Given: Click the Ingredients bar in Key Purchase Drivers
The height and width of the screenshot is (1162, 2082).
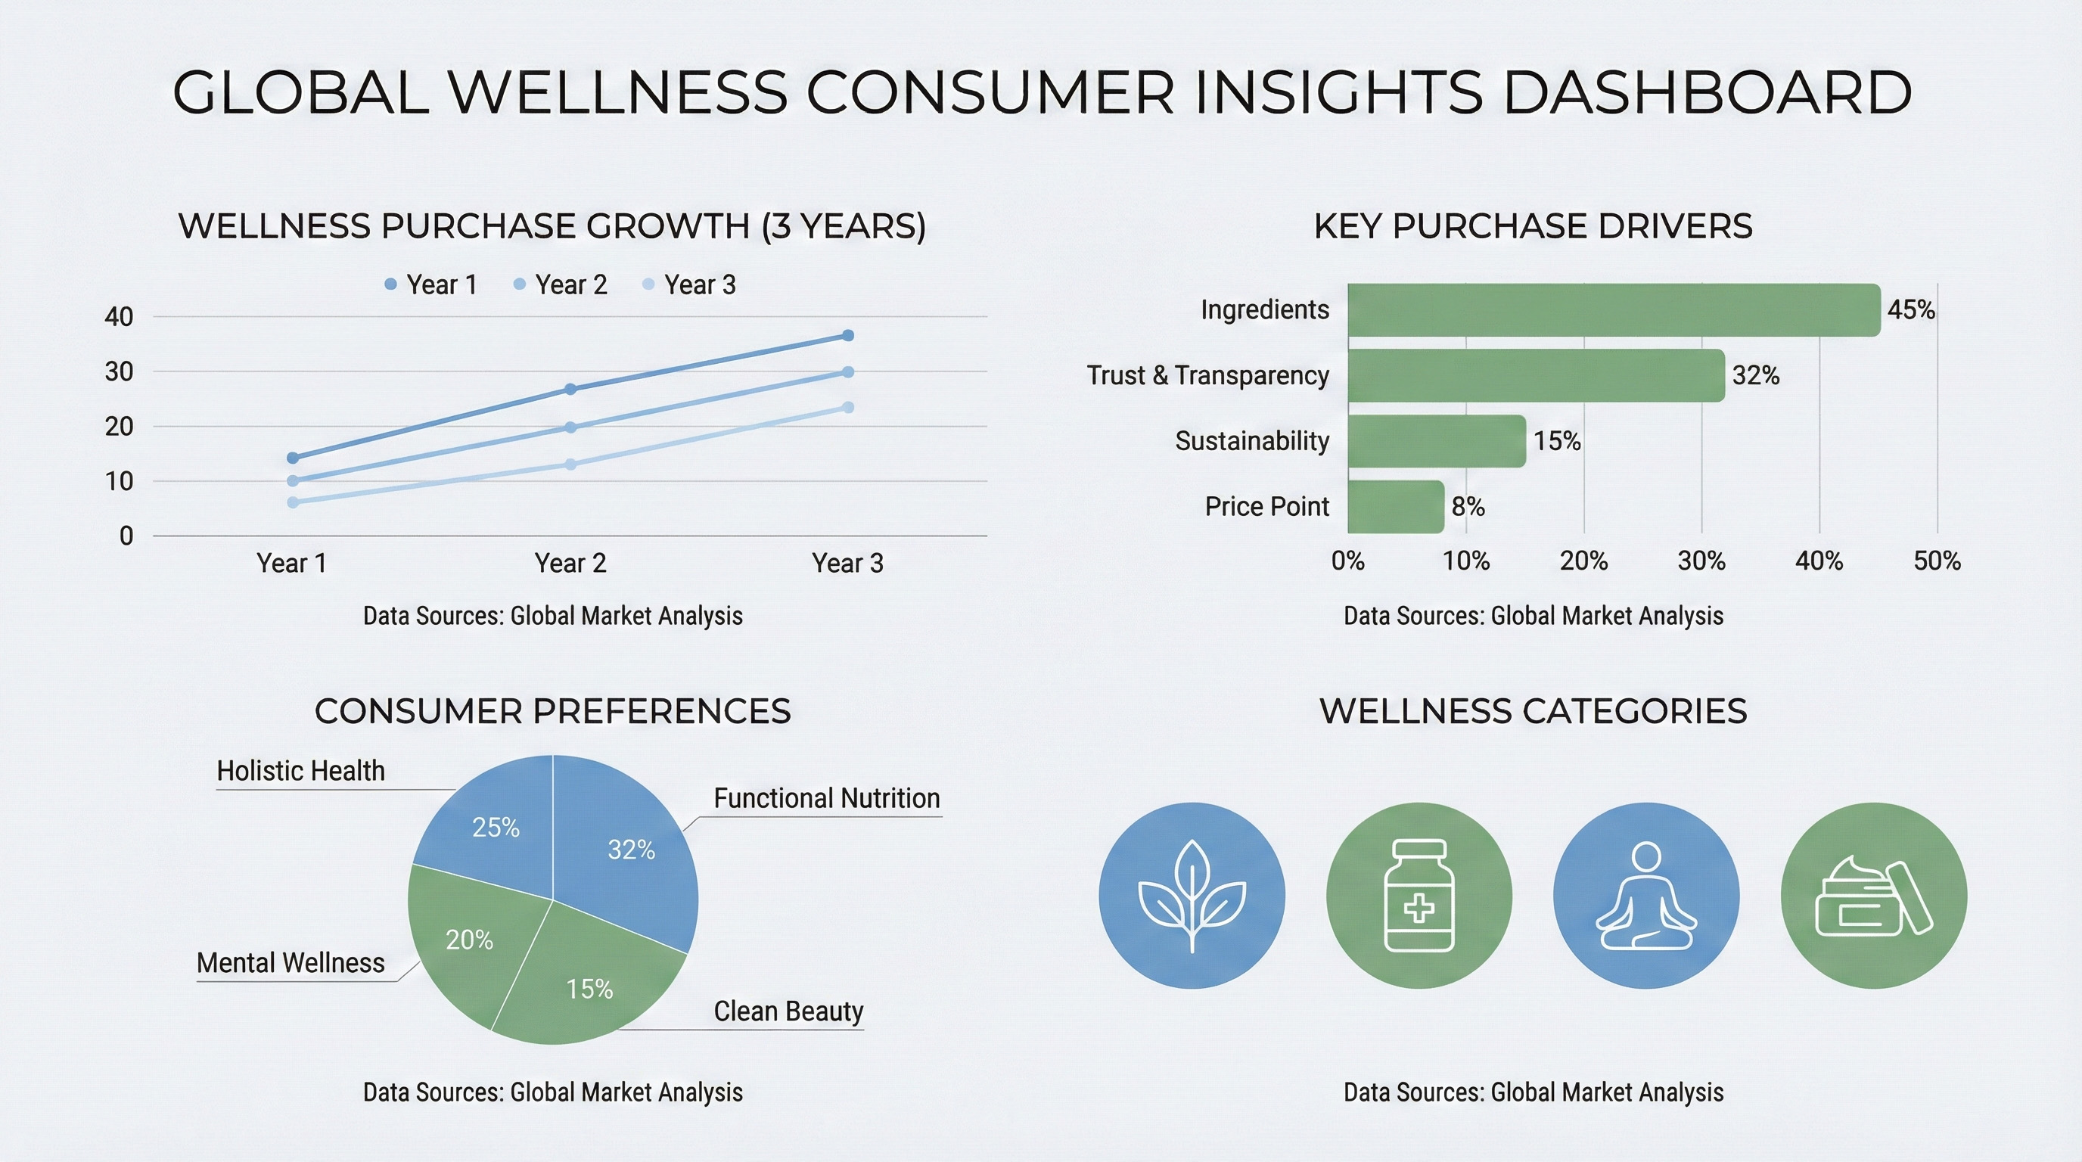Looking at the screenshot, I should point(1613,309).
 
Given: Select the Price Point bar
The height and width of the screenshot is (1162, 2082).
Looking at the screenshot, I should point(1395,507).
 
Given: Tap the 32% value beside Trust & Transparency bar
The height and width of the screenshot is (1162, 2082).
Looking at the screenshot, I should point(1755,376).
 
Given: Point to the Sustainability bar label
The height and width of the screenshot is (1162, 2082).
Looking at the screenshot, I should point(1251,441).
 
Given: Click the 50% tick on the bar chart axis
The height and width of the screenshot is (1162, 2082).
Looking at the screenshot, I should point(1937,561).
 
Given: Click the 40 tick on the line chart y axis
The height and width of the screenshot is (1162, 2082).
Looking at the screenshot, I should point(119,317).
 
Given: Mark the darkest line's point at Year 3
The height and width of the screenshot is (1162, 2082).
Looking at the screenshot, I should point(848,335).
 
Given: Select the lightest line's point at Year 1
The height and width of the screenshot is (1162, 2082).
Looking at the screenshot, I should point(293,502).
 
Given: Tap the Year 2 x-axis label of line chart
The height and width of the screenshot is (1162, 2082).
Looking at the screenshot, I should point(570,564).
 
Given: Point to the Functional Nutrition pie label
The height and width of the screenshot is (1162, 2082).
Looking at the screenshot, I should point(826,798).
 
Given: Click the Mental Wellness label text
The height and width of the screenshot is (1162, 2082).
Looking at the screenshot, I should point(291,963).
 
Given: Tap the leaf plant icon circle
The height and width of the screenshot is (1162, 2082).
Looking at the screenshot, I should point(1192,896).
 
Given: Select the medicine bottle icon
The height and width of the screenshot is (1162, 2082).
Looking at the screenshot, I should point(1419,896).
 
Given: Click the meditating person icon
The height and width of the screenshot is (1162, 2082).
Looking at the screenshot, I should point(1645,896).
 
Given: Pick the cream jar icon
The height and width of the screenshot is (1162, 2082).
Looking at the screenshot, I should point(1873,896).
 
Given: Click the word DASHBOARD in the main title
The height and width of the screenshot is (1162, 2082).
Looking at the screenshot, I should point(1707,92).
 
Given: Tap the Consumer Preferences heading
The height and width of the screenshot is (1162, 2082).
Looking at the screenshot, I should point(552,711).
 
